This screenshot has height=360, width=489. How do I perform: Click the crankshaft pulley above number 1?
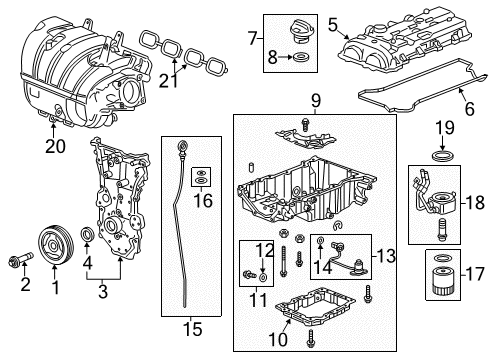click(48, 242)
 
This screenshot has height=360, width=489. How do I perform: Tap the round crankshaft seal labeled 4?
click(88, 235)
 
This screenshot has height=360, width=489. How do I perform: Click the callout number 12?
click(263, 249)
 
